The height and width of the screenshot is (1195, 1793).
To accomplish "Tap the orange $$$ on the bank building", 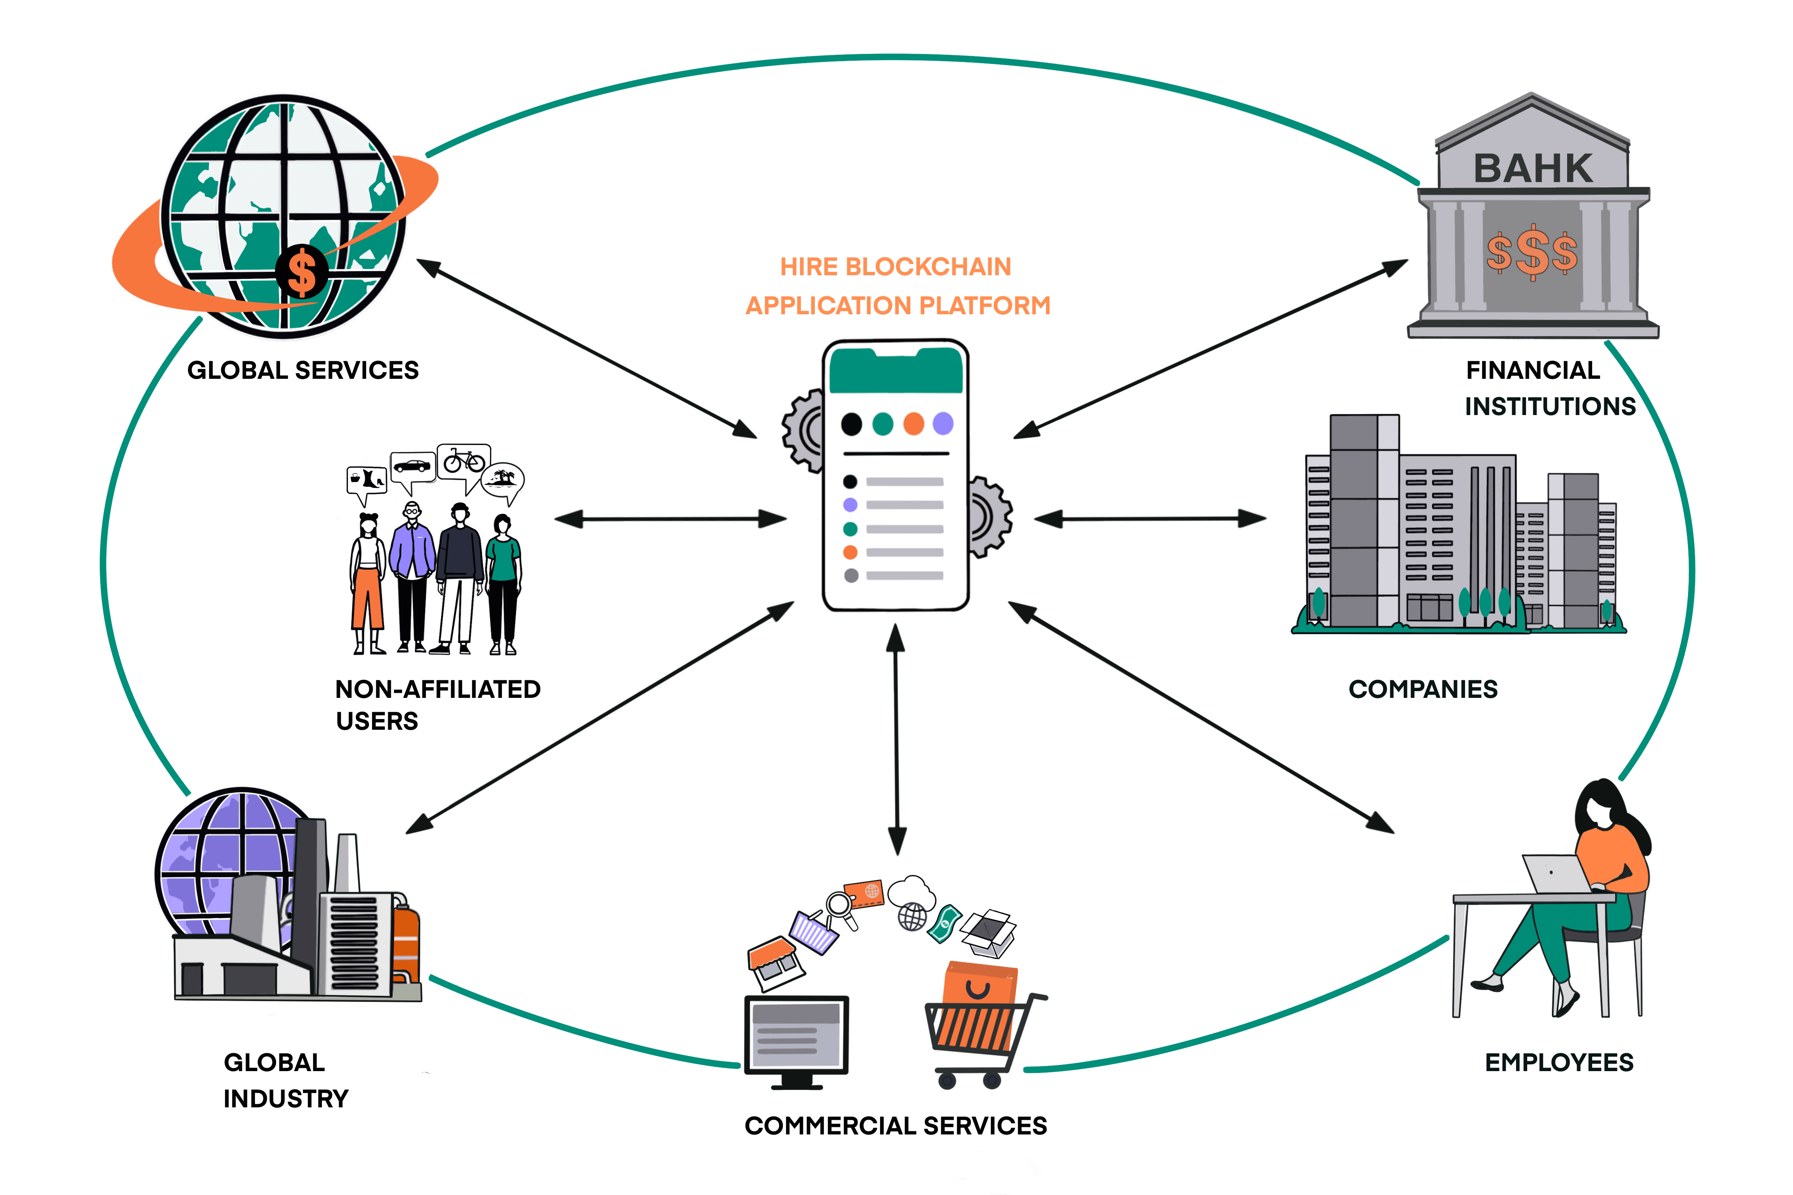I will click(1532, 254).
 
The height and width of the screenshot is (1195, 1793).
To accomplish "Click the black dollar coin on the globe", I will click(302, 272).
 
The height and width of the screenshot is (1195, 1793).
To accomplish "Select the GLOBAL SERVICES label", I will click(303, 370).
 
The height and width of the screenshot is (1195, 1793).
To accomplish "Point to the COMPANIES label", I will click(1422, 689).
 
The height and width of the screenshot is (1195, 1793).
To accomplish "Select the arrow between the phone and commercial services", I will click(896, 739).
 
